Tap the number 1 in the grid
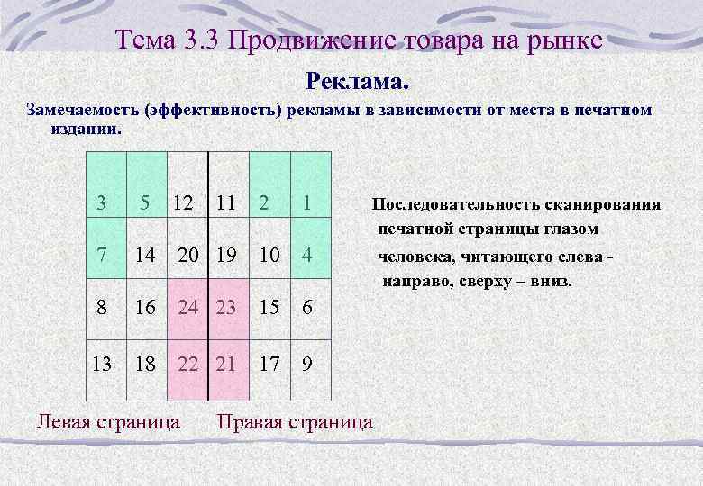pos(307,204)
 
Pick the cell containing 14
pos(145,256)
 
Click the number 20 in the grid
pos(187,256)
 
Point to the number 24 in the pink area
pos(187,308)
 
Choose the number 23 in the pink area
pos(225,308)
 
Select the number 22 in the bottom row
pos(187,364)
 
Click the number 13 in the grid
pos(102,364)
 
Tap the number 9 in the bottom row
pos(307,364)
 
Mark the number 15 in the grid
pos(268,308)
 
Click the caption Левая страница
pos(107,420)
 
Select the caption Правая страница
pos(295,420)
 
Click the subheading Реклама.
pos(358,82)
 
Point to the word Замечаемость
pos(77,110)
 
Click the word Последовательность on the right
pos(452,204)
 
